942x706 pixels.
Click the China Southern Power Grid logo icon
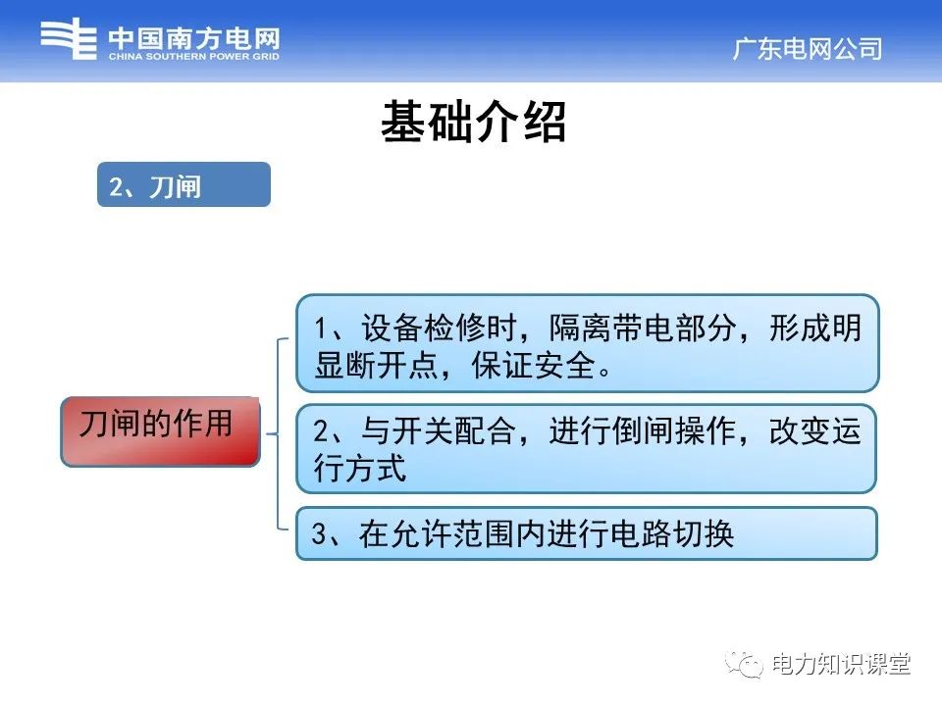coord(69,40)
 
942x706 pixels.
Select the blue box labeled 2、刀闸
coord(183,184)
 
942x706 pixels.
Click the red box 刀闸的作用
coord(160,430)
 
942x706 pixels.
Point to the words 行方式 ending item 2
coord(360,469)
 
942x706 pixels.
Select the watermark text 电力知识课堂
coord(842,664)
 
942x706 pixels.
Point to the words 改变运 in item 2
coord(815,432)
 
